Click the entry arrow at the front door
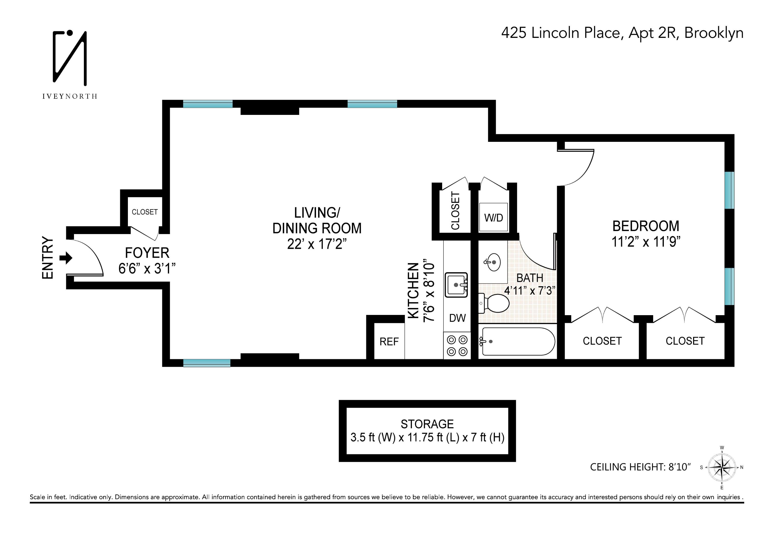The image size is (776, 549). coord(66,258)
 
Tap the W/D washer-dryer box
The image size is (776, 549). coord(493,217)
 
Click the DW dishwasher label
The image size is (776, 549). coord(457,318)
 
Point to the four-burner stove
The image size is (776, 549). coord(457,345)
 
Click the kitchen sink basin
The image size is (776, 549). coord(456,285)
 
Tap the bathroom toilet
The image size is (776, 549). coord(495,303)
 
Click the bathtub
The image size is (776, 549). coord(517,341)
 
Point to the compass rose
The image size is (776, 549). coord(722,467)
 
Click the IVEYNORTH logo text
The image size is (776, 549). coord(70,96)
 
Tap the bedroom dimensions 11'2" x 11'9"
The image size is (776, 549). coord(646,242)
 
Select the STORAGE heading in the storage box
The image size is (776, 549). coord(427,424)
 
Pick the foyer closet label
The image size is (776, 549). coord(145,212)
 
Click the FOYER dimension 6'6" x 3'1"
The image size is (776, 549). coord(147,268)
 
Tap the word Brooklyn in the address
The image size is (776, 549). coord(713,33)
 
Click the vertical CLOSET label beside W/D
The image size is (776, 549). coord(455,211)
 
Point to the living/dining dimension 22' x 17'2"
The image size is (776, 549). coord(317,244)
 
